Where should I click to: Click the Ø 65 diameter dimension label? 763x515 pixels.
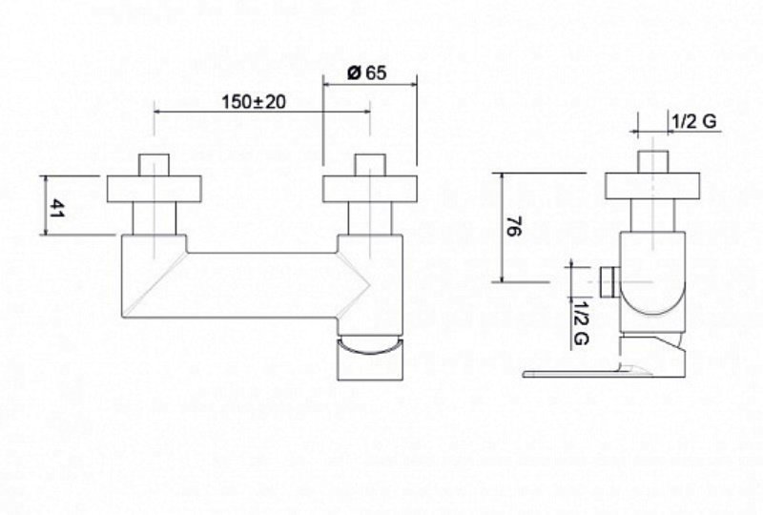pyautogui.click(x=367, y=72)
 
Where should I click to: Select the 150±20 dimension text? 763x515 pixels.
pyautogui.click(x=254, y=102)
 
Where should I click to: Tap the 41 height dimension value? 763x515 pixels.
pyautogui.click(x=57, y=207)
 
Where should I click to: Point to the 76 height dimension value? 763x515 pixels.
pyautogui.click(x=514, y=227)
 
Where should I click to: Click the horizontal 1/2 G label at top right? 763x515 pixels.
pyautogui.click(x=694, y=121)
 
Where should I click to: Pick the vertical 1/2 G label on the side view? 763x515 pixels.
pyautogui.click(x=580, y=322)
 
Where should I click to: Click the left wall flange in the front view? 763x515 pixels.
pyautogui.click(x=155, y=189)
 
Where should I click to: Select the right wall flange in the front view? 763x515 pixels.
pyautogui.click(x=370, y=189)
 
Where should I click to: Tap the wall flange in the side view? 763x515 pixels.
pyautogui.click(x=652, y=185)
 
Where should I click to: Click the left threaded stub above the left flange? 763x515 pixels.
pyautogui.click(x=155, y=165)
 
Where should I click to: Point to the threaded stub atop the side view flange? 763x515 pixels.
pyautogui.click(x=652, y=161)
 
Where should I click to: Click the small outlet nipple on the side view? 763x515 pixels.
pyautogui.click(x=609, y=281)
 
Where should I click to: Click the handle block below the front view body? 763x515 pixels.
pyautogui.click(x=370, y=360)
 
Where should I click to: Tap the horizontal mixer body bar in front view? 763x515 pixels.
pyautogui.click(x=261, y=285)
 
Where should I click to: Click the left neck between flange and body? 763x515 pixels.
pyautogui.click(x=155, y=218)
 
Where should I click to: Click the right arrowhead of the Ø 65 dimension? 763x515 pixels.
pyautogui.click(x=415, y=84)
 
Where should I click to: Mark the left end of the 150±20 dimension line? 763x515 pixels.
pyautogui.click(x=155, y=112)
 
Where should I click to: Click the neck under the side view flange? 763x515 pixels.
pyautogui.click(x=652, y=216)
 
